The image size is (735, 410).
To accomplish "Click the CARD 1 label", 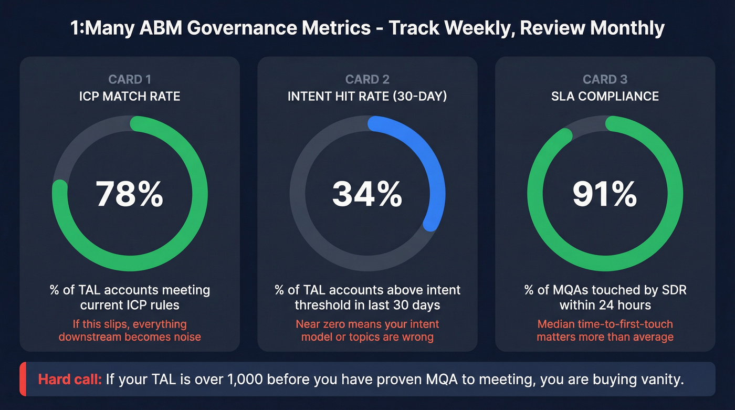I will (130, 80).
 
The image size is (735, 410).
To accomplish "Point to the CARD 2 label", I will (367, 80).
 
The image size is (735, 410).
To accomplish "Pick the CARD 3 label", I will (605, 80).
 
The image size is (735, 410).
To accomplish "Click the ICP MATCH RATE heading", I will (130, 97).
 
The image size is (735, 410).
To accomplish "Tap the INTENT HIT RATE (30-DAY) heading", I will (367, 97).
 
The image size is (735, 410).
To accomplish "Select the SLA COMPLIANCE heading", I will (605, 97).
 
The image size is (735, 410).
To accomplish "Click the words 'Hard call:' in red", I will (70, 379).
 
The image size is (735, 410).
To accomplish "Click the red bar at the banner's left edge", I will (23, 379).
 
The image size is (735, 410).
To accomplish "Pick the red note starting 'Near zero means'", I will (367, 330).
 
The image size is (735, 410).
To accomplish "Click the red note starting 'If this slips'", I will (130, 330).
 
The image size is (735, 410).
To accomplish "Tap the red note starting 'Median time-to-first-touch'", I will (605, 330).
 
